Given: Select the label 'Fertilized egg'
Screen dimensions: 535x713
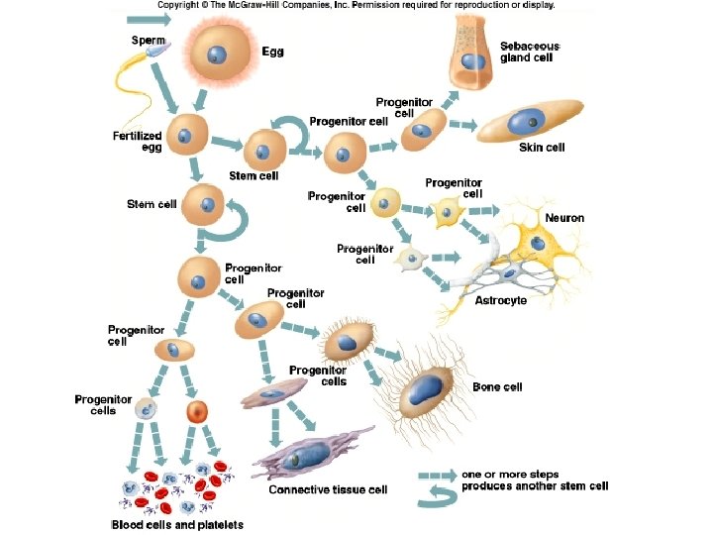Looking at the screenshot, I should click(137, 142).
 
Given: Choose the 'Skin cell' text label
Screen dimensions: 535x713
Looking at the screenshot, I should click(542, 148).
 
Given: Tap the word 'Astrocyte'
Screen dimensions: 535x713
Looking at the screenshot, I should click(501, 300).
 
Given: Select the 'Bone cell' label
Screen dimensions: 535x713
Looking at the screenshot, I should click(497, 387).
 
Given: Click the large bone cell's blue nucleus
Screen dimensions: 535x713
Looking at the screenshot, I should click(428, 387).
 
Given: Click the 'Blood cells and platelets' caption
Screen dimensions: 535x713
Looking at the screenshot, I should click(176, 524).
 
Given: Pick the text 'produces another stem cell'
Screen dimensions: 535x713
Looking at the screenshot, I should click(535, 485).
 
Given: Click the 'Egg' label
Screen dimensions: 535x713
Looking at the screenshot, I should click(272, 52).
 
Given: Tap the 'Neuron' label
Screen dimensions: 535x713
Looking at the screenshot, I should click(564, 217).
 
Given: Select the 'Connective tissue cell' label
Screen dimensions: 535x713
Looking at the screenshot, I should click(329, 489).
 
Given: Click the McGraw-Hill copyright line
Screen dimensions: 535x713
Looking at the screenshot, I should click(356, 5).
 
